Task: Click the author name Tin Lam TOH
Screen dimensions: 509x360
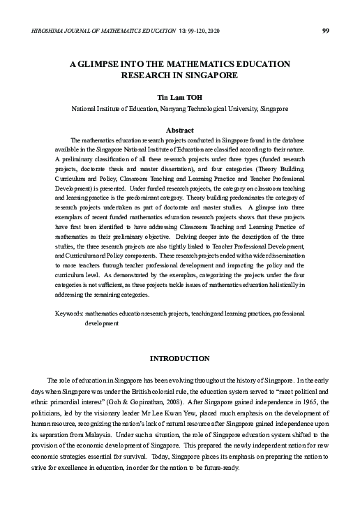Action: [x=179, y=98]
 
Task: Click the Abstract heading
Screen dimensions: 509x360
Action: [x=179, y=130]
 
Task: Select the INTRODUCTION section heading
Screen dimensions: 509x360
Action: [x=180, y=358]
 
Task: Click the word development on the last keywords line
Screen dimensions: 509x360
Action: [x=102, y=324]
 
